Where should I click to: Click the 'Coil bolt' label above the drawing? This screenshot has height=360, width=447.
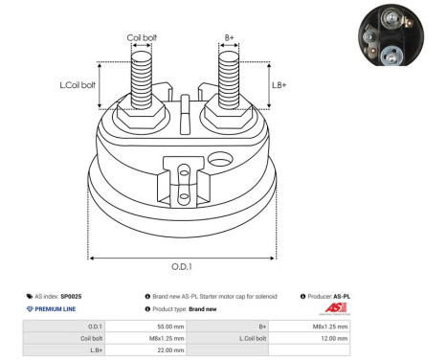tap(142, 38)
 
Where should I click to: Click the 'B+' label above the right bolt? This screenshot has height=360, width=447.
tap(229, 38)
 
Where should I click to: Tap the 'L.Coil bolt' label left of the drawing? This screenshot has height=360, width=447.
tap(78, 85)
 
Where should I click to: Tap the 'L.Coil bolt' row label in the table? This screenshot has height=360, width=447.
tap(253, 338)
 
